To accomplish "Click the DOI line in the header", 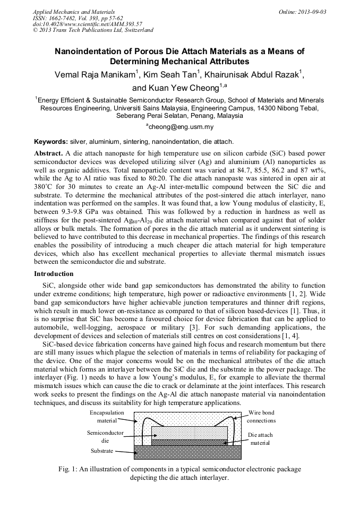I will coord(87,24).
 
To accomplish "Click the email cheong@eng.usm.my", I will coord(180,127).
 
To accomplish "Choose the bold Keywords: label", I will coord(50,142).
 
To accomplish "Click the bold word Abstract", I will coord(48,153).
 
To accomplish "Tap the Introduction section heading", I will coord(54,274).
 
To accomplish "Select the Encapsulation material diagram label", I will coord(107,416).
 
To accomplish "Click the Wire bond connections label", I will coord(262,416).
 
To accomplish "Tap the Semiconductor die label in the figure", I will coord(105,436).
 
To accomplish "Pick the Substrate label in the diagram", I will coord(101,451).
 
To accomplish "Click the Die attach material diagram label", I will coord(260,438).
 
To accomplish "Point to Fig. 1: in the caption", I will coord(68,469).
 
